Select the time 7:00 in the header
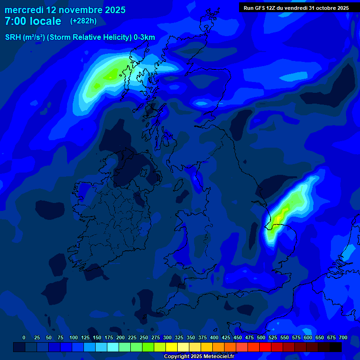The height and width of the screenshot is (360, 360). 15,22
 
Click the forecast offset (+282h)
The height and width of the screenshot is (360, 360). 83,21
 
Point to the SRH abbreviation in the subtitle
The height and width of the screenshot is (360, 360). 13,37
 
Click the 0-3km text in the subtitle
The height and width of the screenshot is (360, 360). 144,37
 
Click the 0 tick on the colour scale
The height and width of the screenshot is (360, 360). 24,337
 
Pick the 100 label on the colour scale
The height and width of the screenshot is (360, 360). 74,337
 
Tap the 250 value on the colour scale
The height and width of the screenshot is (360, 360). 144,337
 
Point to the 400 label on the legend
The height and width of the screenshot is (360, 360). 214,337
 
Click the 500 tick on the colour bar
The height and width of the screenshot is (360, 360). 261,337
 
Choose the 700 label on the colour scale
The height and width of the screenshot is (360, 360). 343,337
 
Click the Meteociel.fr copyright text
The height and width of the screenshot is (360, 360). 199,356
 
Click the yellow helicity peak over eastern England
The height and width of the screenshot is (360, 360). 279,218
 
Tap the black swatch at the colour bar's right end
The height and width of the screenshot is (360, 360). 336,347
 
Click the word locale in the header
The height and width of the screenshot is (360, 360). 45,22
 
